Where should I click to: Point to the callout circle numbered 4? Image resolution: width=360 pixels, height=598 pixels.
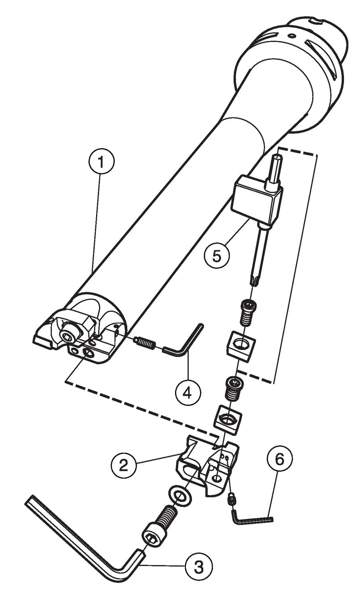[187, 393]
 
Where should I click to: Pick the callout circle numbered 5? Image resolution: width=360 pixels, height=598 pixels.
[216, 256]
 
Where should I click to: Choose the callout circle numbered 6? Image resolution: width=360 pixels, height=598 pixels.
[279, 459]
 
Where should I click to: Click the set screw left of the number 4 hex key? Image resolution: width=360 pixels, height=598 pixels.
[144, 342]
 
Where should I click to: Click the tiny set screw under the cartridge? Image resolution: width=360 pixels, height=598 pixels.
[231, 499]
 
